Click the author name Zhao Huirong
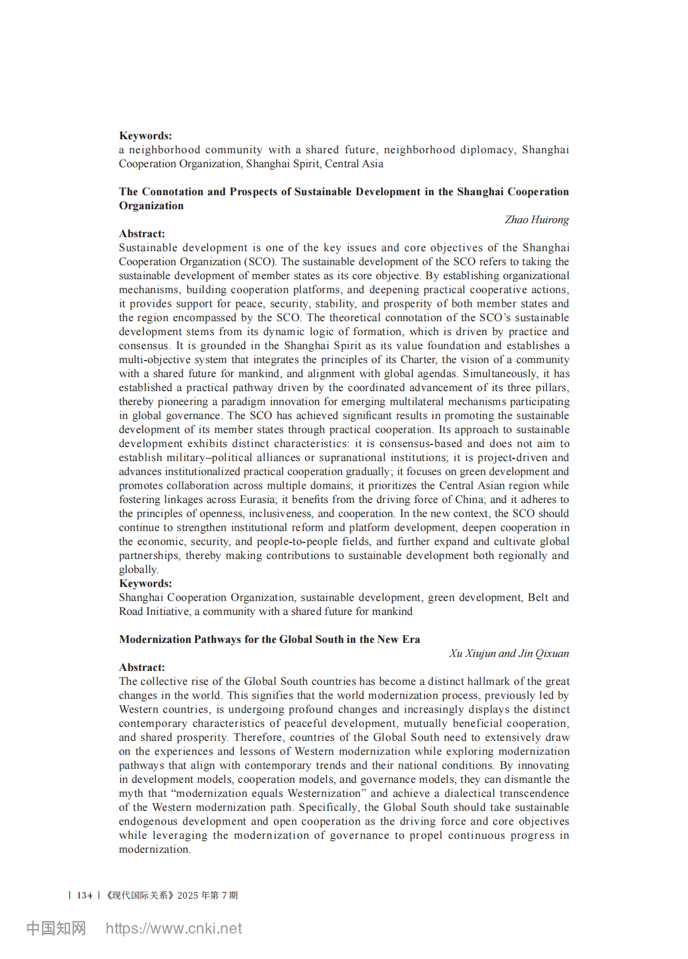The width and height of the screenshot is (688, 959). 537,220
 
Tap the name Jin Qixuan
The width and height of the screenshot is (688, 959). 544,654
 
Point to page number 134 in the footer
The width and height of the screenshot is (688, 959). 85,895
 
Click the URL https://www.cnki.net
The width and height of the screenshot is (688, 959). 174,928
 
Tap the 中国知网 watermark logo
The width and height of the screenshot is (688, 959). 56,928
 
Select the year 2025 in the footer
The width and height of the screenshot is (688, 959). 188,895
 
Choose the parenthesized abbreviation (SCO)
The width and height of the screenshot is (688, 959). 260,262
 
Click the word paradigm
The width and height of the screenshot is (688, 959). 243,402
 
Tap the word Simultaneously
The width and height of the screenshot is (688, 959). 500,374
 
